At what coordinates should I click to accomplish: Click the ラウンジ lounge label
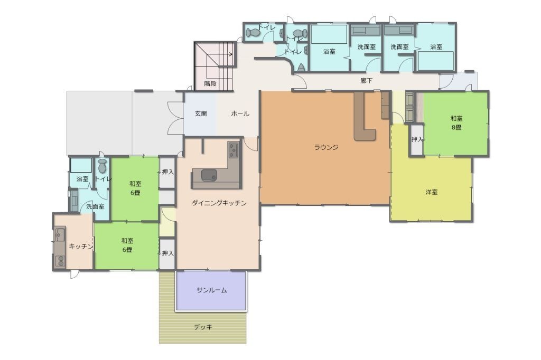click(x=325, y=147)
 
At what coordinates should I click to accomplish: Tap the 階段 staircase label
click(x=210, y=83)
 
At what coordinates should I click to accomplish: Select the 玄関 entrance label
click(x=201, y=113)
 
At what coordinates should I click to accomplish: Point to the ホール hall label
click(x=240, y=113)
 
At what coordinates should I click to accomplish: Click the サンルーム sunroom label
click(x=211, y=290)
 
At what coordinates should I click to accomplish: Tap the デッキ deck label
click(x=203, y=327)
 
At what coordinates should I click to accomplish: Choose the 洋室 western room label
click(x=432, y=192)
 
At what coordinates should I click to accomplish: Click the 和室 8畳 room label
click(x=456, y=123)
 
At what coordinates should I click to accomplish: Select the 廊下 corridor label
click(x=366, y=81)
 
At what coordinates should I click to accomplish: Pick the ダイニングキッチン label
click(x=219, y=203)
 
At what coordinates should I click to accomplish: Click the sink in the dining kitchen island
click(x=209, y=175)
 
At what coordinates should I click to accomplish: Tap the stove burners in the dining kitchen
click(x=233, y=150)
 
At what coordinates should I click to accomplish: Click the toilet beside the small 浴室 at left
click(x=102, y=166)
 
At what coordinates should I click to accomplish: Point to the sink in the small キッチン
click(x=60, y=235)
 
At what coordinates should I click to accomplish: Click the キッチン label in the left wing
click(x=81, y=246)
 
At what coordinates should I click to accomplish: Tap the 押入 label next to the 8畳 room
click(x=417, y=139)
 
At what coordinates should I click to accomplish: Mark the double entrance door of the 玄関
click(x=175, y=118)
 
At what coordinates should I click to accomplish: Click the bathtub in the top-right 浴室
click(x=435, y=61)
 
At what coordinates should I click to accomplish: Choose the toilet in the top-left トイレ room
click(x=252, y=33)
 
